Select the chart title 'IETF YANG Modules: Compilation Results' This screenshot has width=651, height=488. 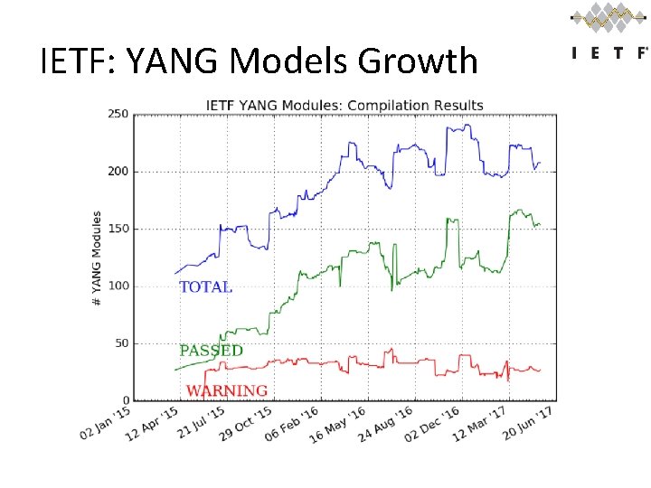click(344, 105)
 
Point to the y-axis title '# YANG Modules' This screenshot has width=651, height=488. click(97, 258)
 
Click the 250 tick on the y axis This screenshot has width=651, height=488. click(118, 114)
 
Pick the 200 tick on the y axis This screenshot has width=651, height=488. click(118, 172)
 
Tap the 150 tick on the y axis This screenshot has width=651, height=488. click(118, 229)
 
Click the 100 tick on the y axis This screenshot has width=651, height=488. click(118, 286)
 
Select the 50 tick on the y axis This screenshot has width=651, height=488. click(120, 343)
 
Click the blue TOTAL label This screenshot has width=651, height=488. click(205, 287)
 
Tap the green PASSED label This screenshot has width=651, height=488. click(211, 351)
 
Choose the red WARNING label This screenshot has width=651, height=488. click(226, 391)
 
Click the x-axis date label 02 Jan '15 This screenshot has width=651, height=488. click(107, 423)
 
